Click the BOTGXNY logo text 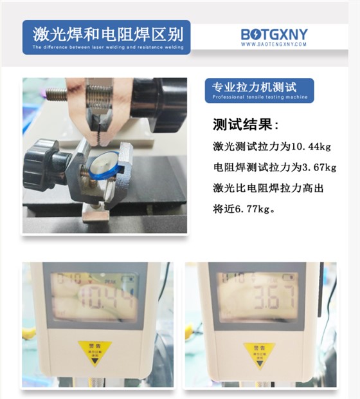click(274, 33)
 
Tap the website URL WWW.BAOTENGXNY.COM click(274, 44)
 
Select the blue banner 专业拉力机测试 click(258, 91)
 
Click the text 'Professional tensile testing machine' click(259, 97)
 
